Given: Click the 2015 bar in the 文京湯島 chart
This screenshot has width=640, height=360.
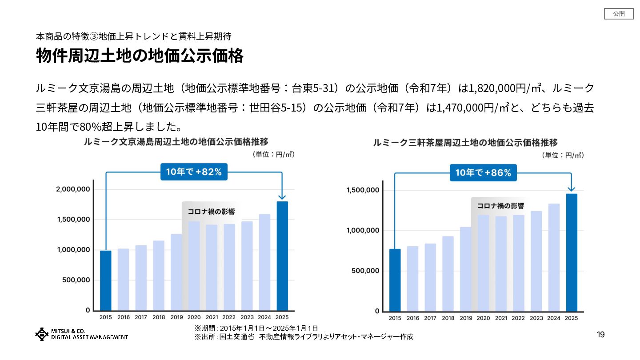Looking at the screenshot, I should [106, 280].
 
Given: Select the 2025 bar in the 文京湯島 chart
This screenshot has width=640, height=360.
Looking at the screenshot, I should [282, 256].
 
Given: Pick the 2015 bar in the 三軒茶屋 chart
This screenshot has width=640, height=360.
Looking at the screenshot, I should [395, 280].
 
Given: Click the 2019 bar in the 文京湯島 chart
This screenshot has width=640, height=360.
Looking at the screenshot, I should [176, 272].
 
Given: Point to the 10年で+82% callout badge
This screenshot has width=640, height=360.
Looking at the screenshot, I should [194, 172].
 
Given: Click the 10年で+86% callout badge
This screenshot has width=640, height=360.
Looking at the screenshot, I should [483, 173].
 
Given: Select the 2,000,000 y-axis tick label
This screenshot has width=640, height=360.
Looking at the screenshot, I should [73, 189].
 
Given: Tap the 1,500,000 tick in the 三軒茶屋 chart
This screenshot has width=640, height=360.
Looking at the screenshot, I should [362, 190].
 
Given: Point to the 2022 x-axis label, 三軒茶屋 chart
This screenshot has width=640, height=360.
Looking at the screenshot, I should [518, 318].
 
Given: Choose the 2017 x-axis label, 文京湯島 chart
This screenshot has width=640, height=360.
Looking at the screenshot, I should [141, 317].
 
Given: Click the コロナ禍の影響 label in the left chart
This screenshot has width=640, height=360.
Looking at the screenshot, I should [211, 212].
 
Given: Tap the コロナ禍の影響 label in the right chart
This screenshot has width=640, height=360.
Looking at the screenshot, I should [500, 206].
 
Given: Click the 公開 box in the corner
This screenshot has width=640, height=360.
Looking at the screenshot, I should [619, 14].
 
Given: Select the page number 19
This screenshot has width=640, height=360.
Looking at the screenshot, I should [600, 335].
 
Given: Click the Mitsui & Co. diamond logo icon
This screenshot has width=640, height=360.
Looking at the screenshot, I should [42, 334].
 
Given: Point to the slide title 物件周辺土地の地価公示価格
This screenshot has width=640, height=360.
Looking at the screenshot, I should [140, 56].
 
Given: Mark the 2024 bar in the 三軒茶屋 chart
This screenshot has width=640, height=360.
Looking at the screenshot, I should [554, 257].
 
